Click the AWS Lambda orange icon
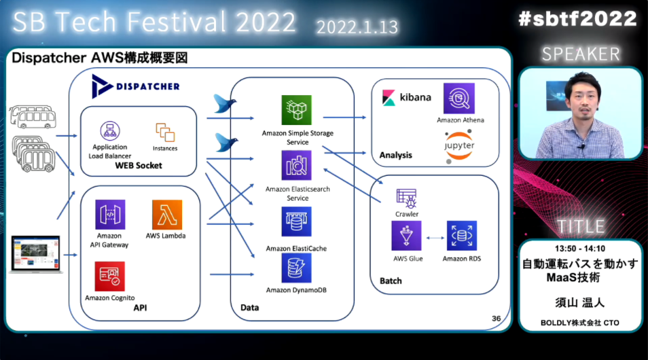tap(167, 215)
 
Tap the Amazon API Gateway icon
tap(110, 215)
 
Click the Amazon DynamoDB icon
tap(296, 268)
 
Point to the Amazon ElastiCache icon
tap(296, 222)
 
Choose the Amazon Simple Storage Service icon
tap(296, 110)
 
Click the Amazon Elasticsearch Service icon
tap(296, 166)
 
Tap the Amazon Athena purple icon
tap(458, 98)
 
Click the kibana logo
tap(406, 96)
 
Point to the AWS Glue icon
tap(407, 236)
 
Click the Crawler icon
tap(407, 198)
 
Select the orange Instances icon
tap(165, 132)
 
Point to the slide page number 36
tap(496, 319)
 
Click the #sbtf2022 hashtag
tap(577, 20)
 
